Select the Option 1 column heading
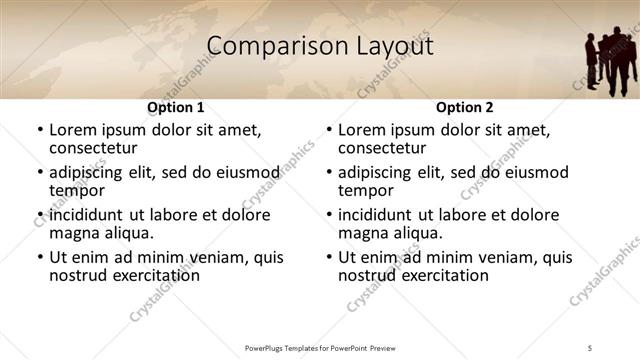point(175,107)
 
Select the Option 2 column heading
point(464,107)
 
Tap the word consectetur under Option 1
point(93,148)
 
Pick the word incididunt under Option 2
point(375,215)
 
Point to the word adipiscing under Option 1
point(89,172)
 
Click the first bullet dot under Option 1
point(40,131)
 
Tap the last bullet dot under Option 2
point(329,257)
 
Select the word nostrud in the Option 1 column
point(78,275)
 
